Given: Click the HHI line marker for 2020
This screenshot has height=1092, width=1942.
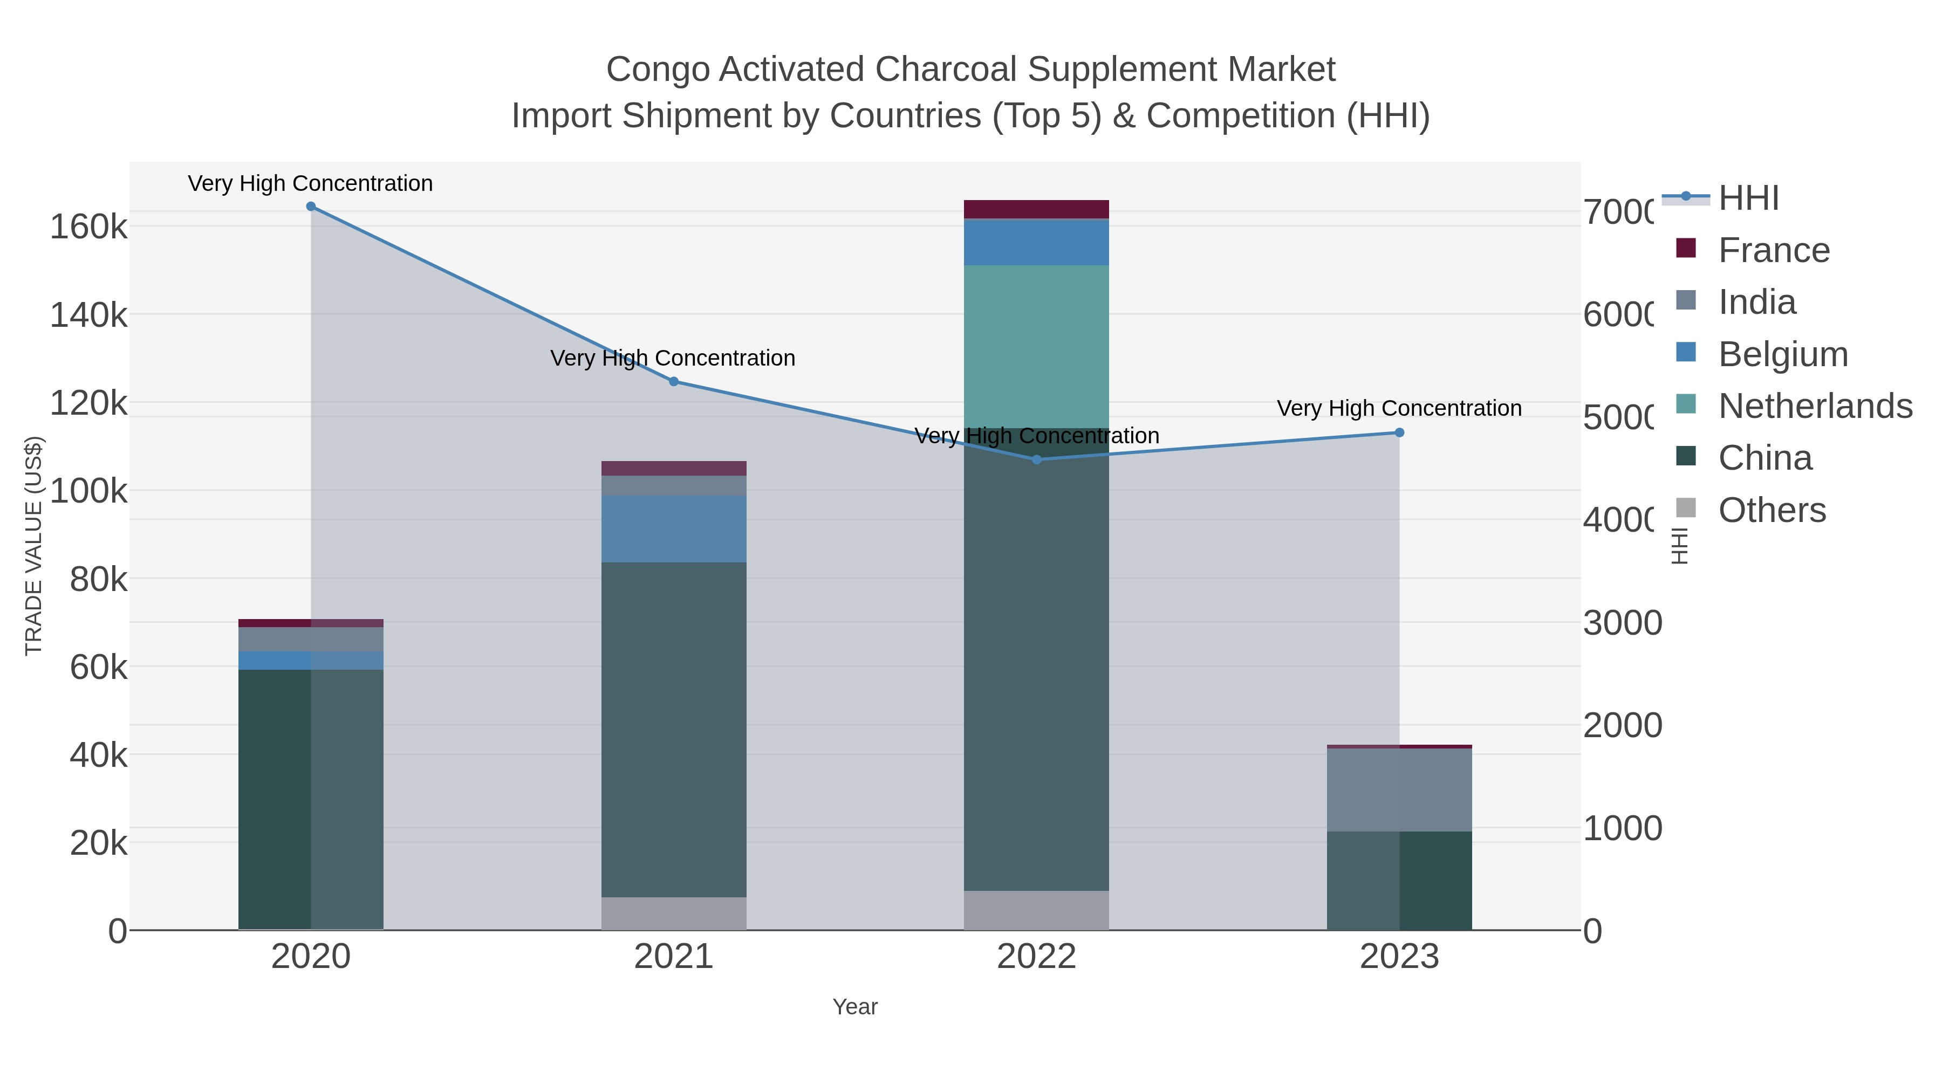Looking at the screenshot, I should [311, 207].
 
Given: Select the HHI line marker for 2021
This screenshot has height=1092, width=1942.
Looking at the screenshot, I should [674, 381].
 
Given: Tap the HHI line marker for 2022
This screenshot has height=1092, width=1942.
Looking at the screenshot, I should [1037, 459].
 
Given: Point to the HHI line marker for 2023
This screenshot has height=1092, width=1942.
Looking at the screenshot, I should [1399, 432].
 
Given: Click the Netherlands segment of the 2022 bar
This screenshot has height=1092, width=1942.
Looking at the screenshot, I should [1037, 347].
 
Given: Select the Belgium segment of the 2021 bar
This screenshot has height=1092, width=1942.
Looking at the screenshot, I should [674, 529].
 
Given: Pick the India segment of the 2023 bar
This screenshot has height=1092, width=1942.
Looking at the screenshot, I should [1399, 790].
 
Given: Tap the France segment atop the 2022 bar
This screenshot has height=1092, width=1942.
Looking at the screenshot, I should [1037, 210].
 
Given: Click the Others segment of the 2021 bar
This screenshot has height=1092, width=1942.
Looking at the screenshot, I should [674, 914].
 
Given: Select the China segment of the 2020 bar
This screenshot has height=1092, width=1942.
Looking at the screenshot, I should [311, 799].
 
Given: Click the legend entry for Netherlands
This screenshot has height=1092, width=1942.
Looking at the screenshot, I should [1815, 406].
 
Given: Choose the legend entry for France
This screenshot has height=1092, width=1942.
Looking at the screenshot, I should [1773, 250].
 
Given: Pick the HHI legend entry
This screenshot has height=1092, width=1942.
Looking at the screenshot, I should [1748, 198].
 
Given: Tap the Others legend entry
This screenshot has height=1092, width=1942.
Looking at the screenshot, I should [1772, 510].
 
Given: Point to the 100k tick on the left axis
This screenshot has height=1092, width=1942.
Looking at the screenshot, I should [89, 491].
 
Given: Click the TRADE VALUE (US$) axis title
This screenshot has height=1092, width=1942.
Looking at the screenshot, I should [34, 546].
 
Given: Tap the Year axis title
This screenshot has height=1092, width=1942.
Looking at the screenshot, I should [855, 1007].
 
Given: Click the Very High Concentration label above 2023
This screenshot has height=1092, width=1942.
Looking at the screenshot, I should [1399, 408].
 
